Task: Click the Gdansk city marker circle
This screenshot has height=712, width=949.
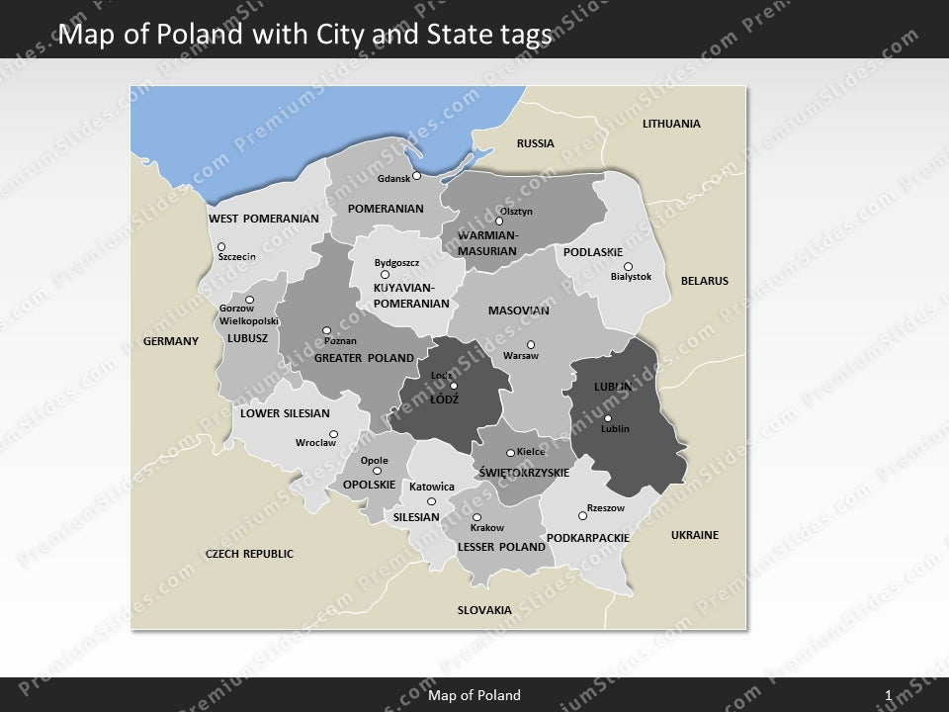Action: point(417,176)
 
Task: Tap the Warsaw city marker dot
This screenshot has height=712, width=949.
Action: point(531,344)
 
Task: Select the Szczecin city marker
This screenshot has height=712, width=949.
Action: point(221,247)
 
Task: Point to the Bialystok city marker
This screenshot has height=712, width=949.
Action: point(628,266)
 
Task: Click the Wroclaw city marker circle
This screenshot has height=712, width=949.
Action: point(334,434)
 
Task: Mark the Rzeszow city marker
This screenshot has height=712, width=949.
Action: point(582,515)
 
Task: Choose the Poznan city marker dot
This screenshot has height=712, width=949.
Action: point(326,330)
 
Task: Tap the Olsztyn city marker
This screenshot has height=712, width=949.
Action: point(499,222)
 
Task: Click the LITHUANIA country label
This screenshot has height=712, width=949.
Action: point(671,124)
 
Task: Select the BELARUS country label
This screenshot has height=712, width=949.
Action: point(704,281)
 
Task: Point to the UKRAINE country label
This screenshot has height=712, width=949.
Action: point(695,535)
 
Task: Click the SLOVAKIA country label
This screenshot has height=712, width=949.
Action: point(484,610)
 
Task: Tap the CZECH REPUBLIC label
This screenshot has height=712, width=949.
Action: point(249,554)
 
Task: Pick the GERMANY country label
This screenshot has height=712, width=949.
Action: point(171,341)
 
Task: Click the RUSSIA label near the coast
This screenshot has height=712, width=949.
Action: point(536,143)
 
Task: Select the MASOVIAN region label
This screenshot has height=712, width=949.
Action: point(518,311)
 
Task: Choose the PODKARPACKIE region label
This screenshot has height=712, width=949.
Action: point(587,538)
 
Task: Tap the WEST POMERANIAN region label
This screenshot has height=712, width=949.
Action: point(263,219)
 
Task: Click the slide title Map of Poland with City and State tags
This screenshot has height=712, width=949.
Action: point(304,36)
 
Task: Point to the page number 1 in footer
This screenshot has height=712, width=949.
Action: point(889,695)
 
